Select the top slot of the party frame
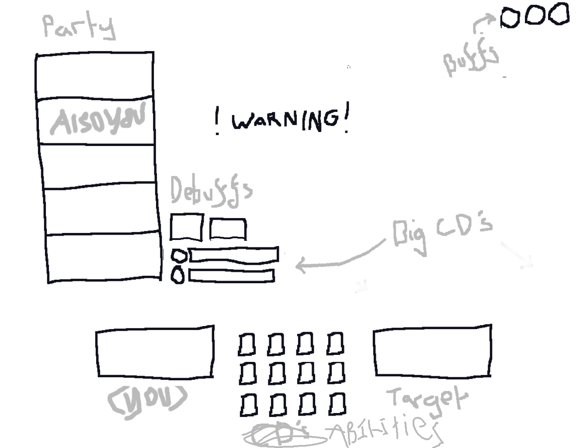[x=95, y=76]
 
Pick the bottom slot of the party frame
[x=103, y=258]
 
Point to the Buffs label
[x=470, y=62]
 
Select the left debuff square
[x=187, y=227]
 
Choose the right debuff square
[x=228, y=229]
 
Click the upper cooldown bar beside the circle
[x=233, y=254]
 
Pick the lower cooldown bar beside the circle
[x=232, y=276]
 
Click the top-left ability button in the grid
[x=247, y=344]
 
